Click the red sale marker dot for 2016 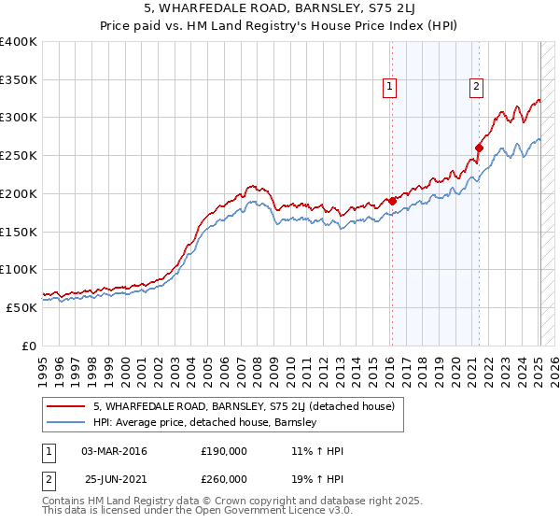(x=392, y=200)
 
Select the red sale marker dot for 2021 (x=479, y=147)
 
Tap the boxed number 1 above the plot (x=389, y=87)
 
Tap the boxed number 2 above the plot (x=476, y=87)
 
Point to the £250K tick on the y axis (x=19, y=155)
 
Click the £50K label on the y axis (x=21, y=307)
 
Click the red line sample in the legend (x=66, y=406)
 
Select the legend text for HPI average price (x=204, y=422)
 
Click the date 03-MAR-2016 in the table (x=114, y=451)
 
